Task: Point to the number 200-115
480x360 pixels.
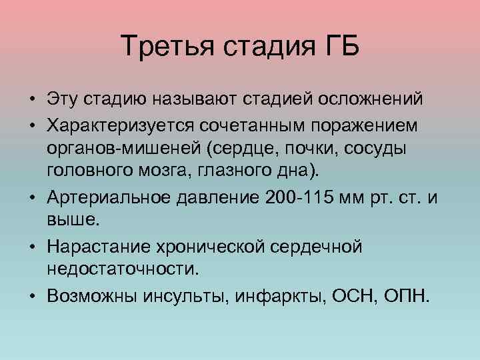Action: pos(301,198)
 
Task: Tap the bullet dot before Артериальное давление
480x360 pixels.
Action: pos(33,199)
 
